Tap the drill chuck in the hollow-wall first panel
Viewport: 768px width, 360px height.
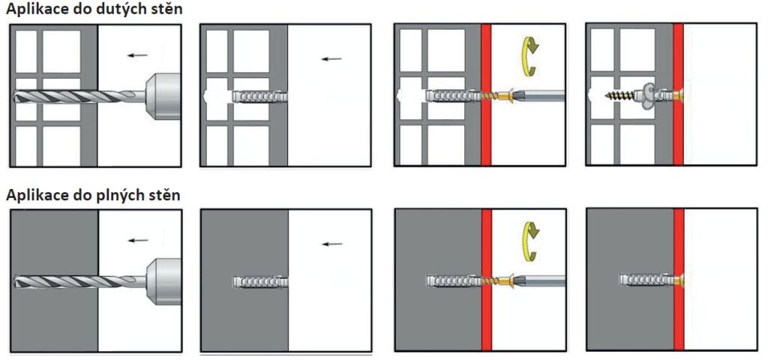coord(163,96)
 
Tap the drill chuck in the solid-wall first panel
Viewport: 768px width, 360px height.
coord(163,281)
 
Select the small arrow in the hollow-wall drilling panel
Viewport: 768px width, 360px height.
coord(138,55)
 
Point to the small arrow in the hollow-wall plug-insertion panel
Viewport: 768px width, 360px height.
coord(331,58)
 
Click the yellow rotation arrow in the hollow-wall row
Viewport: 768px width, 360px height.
coord(529,57)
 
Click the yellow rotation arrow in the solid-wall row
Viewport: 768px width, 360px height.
coord(529,241)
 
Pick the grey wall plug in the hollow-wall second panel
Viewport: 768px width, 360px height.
coord(259,96)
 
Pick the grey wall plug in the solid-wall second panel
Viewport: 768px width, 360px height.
coord(260,282)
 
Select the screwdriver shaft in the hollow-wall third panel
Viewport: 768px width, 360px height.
coord(538,95)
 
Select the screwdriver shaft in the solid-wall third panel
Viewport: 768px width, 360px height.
coord(538,280)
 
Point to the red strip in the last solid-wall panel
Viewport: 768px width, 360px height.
coord(678,279)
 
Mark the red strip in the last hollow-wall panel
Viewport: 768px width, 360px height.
coord(678,94)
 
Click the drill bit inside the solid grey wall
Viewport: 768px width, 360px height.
coord(55,281)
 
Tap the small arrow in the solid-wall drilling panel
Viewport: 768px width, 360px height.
coord(138,241)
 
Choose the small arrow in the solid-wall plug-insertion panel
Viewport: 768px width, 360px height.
coord(332,244)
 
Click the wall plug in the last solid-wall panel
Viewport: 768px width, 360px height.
coord(646,280)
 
